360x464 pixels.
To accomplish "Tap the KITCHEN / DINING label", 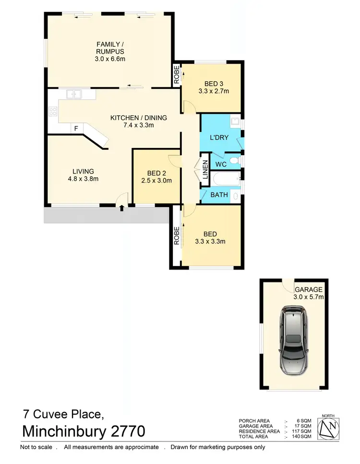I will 138,118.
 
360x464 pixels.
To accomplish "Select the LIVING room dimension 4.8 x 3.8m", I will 83,179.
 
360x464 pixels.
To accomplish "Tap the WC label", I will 221,164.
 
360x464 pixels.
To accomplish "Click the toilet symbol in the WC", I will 234,160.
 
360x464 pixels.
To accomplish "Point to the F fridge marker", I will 75,128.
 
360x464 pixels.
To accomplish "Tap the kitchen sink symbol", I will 74,95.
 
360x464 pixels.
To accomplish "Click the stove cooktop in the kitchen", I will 53,112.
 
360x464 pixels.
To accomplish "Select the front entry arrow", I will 121,208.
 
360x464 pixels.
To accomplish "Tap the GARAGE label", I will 308,290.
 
